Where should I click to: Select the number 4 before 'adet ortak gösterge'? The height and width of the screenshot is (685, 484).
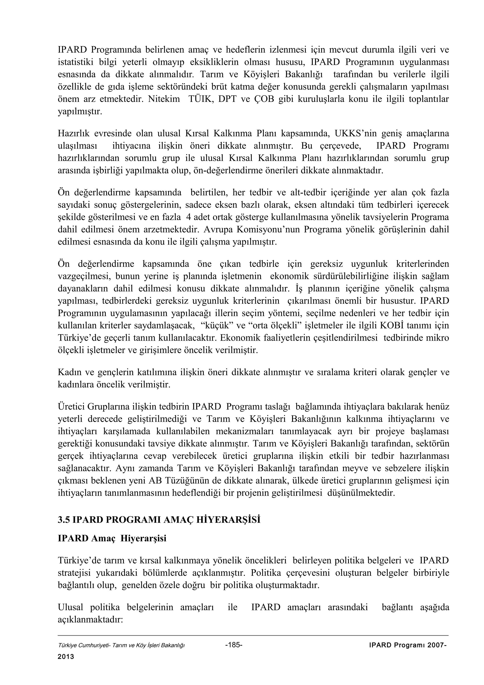tap(188, 217)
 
